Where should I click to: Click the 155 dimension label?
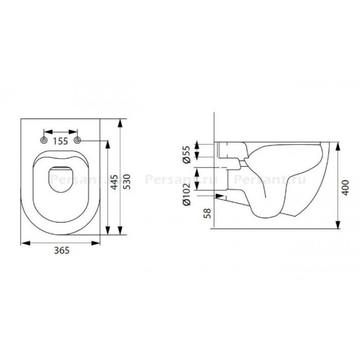coord(61,141)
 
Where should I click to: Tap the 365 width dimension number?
coord(62,250)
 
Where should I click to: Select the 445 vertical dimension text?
coord(114,182)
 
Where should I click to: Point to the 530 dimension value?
coord(127,182)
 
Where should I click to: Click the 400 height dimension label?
coord(345,188)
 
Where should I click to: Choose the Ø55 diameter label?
coord(187,154)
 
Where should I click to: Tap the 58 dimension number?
coord(207,213)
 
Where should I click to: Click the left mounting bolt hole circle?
coord(44,140)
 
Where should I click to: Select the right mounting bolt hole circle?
coord(77,140)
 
